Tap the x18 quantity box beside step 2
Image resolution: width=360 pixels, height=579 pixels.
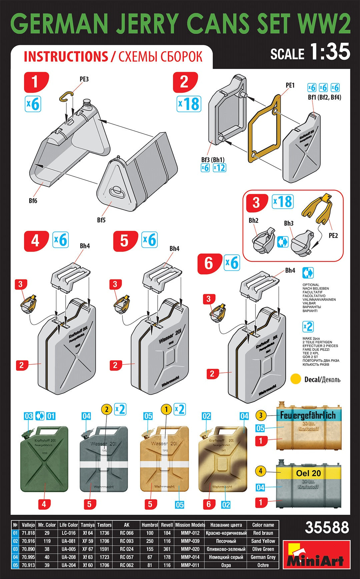(x=189, y=104)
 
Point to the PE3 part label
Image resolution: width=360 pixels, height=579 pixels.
(x=84, y=79)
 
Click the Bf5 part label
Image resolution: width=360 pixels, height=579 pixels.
(x=101, y=220)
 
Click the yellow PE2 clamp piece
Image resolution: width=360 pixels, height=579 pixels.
(x=318, y=210)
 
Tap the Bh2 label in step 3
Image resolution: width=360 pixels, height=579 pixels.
(x=253, y=220)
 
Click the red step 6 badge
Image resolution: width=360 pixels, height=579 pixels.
(x=209, y=263)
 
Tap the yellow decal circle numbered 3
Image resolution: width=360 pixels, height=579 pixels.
(x=261, y=415)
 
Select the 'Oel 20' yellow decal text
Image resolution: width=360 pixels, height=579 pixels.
(x=308, y=473)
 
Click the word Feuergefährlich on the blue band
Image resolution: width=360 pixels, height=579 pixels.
(x=307, y=416)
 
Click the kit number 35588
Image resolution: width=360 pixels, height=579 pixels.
(x=327, y=528)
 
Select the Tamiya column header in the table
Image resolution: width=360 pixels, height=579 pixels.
(x=88, y=525)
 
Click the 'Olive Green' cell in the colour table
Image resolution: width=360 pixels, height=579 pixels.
(x=263, y=549)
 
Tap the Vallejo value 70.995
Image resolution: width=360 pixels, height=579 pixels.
(x=28, y=557)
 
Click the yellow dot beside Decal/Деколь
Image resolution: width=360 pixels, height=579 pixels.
(x=296, y=379)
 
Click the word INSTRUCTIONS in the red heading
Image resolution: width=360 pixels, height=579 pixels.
(x=66, y=57)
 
